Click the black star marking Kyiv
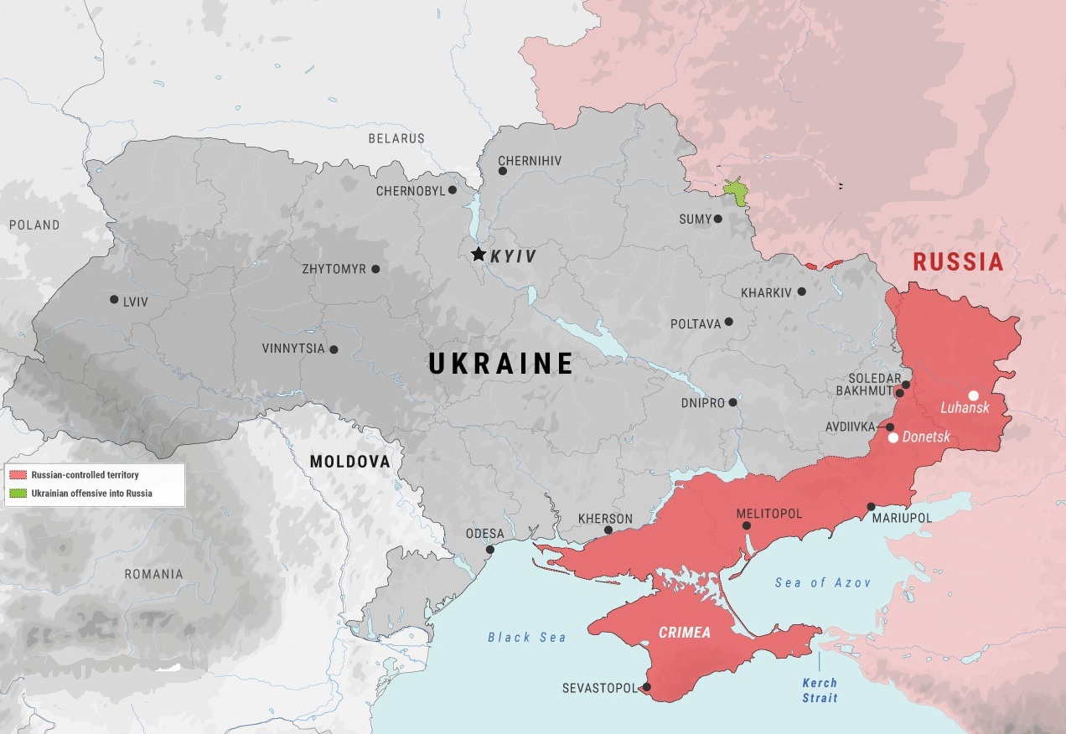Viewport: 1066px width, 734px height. [x=479, y=254]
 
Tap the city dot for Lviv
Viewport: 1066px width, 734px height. [x=114, y=299]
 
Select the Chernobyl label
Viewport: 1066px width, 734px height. [x=411, y=191]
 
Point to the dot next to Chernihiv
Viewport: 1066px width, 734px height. [x=503, y=171]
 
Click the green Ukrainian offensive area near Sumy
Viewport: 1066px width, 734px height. [x=738, y=193]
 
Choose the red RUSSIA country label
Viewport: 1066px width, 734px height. [x=958, y=262]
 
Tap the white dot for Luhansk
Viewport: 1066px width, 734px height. [x=973, y=395]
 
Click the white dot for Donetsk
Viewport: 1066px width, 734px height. [x=893, y=437]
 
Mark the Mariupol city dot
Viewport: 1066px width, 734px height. [x=872, y=506]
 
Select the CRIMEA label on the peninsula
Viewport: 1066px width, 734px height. [x=684, y=633]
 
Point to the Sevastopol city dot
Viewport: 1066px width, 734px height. [x=646, y=688]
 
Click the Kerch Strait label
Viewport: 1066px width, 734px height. [x=819, y=690]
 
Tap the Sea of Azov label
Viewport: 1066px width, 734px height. [x=822, y=582]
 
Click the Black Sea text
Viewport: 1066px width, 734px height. [x=527, y=638]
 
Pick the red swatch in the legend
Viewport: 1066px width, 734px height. [x=18, y=475]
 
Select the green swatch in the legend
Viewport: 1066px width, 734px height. [x=18, y=494]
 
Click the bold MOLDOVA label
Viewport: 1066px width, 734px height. [x=349, y=462]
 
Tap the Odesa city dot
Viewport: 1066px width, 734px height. [x=489, y=550]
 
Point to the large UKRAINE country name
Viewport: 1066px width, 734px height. [x=501, y=364]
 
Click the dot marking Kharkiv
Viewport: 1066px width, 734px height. [x=802, y=292]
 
